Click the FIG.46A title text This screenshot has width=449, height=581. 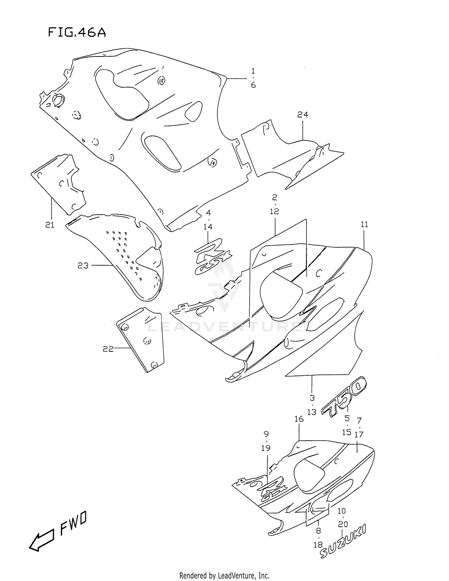click(x=77, y=33)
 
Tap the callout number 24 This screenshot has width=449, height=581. click(x=303, y=114)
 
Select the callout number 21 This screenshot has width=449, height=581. click(x=50, y=225)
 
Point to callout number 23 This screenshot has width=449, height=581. click(x=83, y=266)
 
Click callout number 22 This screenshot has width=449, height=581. click(x=108, y=349)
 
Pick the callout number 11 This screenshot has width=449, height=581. click(x=364, y=224)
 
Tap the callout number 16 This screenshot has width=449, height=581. click(x=299, y=419)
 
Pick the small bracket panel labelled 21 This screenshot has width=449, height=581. click(x=60, y=183)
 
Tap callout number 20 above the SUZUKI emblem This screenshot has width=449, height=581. click(x=343, y=524)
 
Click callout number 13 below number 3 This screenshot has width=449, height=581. click(x=312, y=412)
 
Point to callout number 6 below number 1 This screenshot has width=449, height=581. click(x=253, y=85)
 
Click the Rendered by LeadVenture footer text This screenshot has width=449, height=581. click(x=224, y=576)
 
